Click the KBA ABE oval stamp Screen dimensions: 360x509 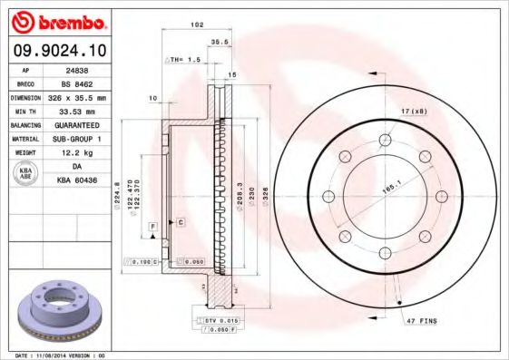click(x=26, y=174)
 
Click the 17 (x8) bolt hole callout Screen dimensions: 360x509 click(x=416, y=112)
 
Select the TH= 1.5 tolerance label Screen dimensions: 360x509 click(x=185, y=59)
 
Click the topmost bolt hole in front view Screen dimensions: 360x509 click(x=385, y=138)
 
